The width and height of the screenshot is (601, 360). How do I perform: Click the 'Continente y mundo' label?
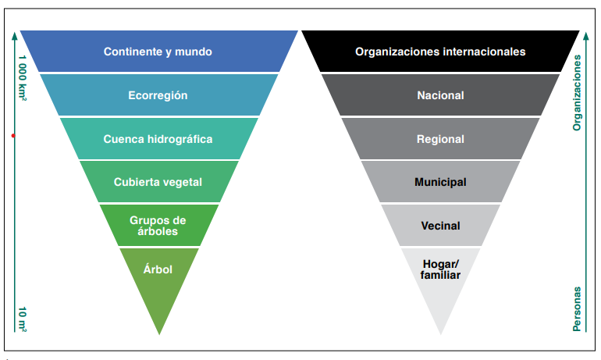[158, 52]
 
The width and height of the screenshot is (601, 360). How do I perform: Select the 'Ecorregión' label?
[158, 95]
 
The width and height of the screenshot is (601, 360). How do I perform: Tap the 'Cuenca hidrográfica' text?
[158, 139]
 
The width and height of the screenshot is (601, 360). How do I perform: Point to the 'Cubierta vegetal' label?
[158, 182]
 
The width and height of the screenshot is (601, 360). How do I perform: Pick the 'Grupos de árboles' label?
[158, 226]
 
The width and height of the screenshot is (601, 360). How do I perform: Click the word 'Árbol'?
[158, 269]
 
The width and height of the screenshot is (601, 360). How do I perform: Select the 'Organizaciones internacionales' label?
[440, 52]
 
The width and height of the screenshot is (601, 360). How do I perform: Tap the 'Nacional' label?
[440, 95]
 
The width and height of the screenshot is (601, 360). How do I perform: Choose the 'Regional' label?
[440, 139]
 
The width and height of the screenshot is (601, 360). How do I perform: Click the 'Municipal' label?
[440, 182]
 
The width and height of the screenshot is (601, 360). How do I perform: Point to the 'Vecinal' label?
[440, 226]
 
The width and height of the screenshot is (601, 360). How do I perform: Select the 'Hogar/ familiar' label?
[440, 269]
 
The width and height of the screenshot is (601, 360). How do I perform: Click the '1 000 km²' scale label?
[23, 78]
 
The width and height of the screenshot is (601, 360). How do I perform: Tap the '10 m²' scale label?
[23, 319]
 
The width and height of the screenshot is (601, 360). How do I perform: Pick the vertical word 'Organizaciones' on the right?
[577, 93]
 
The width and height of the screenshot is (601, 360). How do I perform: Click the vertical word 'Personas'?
[577, 309]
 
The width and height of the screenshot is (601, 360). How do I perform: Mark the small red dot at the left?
[13, 136]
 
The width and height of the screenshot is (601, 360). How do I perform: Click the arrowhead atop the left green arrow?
[15, 36]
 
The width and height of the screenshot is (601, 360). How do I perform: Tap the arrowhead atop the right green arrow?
[585, 36]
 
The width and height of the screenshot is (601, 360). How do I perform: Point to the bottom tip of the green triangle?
[159, 334]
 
